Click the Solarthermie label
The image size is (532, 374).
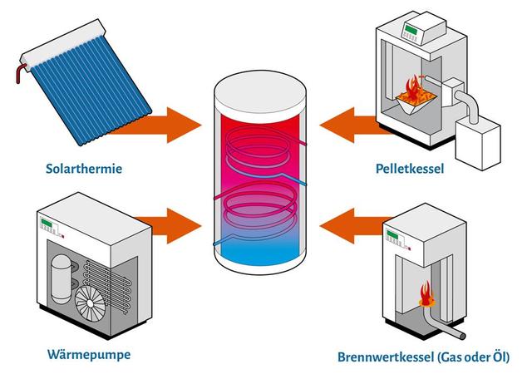point(84,170)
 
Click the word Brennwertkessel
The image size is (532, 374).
point(384,358)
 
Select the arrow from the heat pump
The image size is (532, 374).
point(166,224)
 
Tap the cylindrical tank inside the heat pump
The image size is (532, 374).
point(62,278)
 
